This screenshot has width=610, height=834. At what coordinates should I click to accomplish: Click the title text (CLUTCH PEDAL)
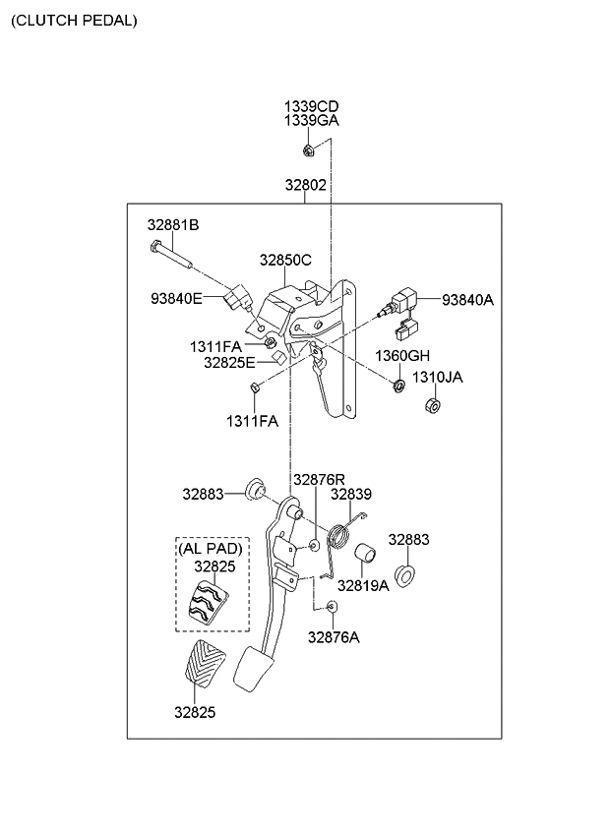pyautogui.click(x=74, y=21)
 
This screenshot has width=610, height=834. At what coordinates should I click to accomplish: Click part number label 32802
pyautogui.click(x=306, y=185)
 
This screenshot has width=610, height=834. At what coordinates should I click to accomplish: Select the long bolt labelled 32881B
pyautogui.click(x=169, y=255)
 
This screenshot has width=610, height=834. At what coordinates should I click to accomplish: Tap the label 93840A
pyautogui.click(x=468, y=300)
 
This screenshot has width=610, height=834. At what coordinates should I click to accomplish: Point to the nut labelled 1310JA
pyautogui.click(x=433, y=405)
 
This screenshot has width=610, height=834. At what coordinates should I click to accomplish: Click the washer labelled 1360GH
pyautogui.click(x=398, y=386)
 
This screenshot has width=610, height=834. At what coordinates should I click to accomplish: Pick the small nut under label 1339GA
pyautogui.click(x=308, y=150)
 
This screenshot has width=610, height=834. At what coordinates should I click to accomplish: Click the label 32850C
pyautogui.click(x=286, y=260)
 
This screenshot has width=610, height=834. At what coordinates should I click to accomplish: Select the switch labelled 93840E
pyautogui.click(x=237, y=298)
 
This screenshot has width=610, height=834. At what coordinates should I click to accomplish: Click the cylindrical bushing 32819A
pyautogui.click(x=365, y=553)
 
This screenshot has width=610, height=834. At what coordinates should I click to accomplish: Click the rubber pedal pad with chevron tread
pyautogui.click(x=205, y=661)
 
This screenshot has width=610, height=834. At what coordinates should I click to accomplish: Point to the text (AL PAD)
pyautogui.click(x=211, y=548)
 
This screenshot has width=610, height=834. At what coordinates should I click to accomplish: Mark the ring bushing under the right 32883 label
pyautogui.click(x=405, y=576)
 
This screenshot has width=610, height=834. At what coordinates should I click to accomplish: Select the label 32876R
pyautogui.click(x=320, y=480)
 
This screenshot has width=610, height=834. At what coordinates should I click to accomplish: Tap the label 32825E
pyautogui.click(x=230, y=363)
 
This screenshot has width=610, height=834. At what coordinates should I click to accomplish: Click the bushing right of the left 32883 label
pyautogui.click(x=255, y=490)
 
